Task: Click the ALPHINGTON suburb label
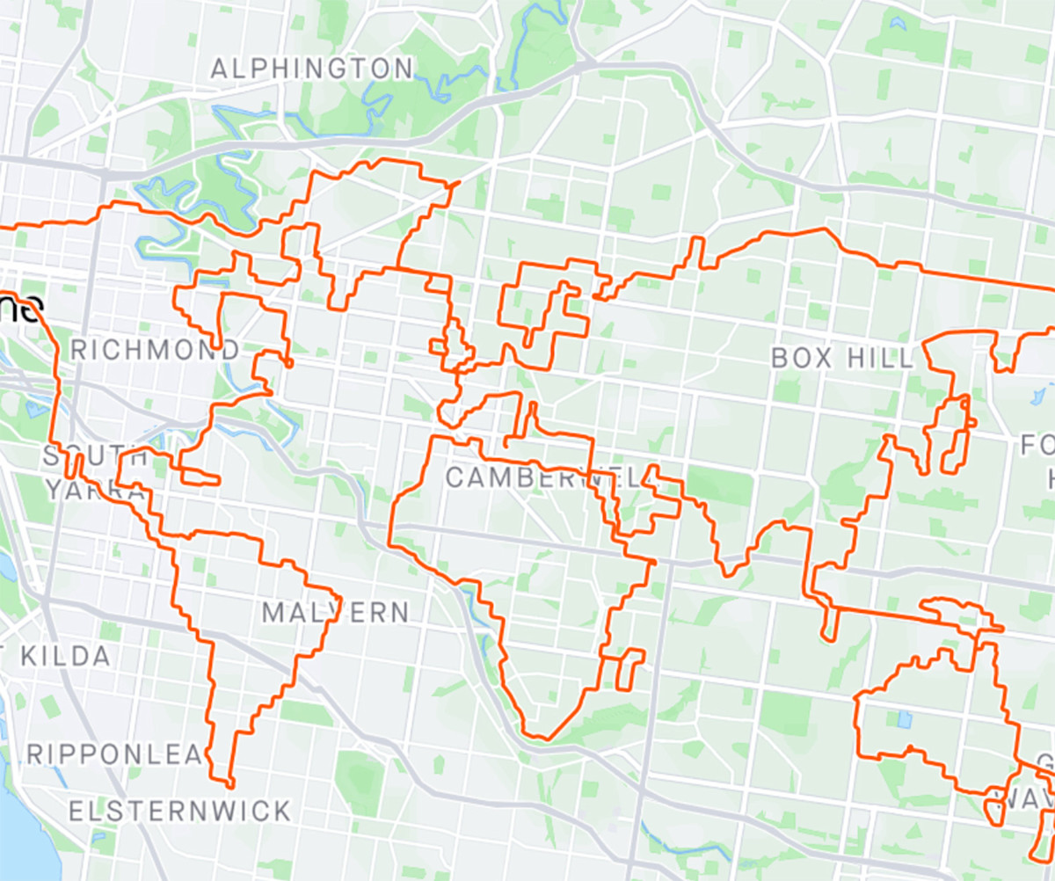pyautogui.click(x=312, y=69)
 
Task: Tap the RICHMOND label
pyautogui.click(x=155, y=350)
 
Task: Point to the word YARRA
pyautogui.click(x=95, y=490)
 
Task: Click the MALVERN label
pyautogui.click(x=336, y=612)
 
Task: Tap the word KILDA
pyautogui.click(x=67, y=656)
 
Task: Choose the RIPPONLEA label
pyautogui.click(x=114, y=754)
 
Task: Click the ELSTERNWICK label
pyautogui.click(x=179, y=811)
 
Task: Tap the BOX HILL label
pyautogui.click(x=842, y=358)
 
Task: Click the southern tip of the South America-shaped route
pyautogui.click(x=229, y=783)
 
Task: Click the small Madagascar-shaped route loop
pyautogui.click(x=630, y=669)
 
